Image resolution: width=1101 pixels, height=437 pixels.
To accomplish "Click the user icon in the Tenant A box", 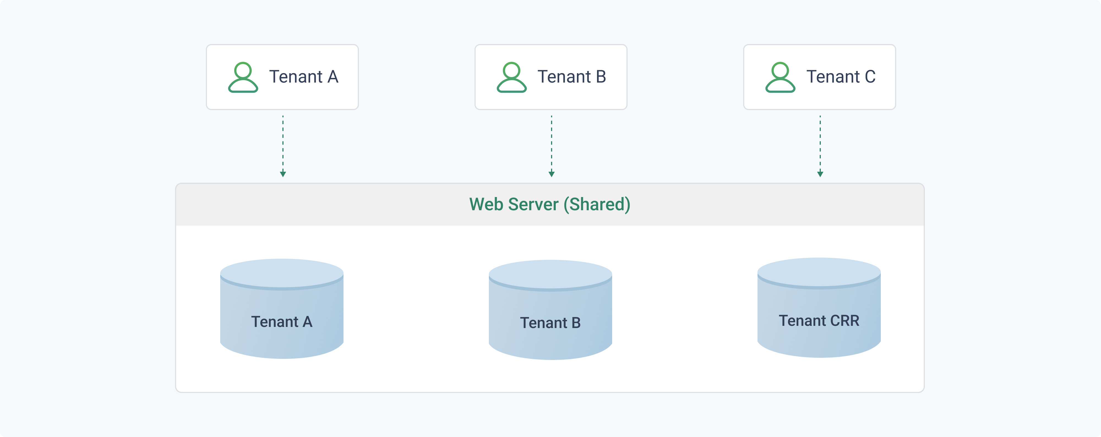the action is pos(243,77).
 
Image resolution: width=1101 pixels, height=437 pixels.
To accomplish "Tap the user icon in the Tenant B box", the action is pos(512,77).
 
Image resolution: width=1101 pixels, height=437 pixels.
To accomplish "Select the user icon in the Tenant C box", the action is pos(780,77).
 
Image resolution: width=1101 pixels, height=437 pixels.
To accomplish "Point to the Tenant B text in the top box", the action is pos(572,77).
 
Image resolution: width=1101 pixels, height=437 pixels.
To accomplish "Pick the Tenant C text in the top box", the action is pos(841,77).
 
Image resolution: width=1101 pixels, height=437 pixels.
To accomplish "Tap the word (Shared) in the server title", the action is pos(597,205).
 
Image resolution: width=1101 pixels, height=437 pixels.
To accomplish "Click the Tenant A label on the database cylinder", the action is pos(282,322).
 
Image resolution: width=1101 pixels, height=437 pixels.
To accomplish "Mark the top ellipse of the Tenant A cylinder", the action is pos(282,274).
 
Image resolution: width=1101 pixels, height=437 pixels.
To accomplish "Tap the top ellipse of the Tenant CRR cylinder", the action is pos(819,272).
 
